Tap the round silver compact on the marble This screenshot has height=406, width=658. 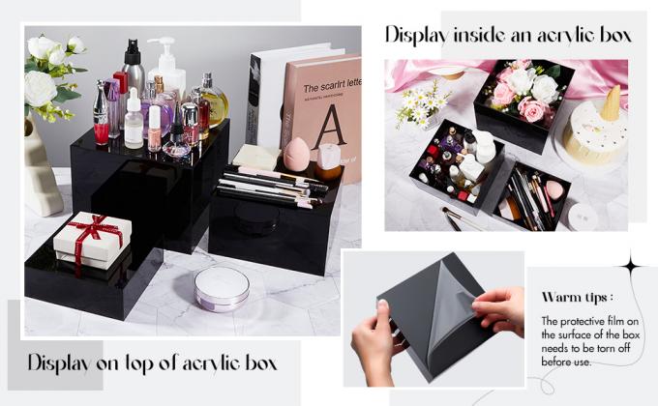(x=222, y=287)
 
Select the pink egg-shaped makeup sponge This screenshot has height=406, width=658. (x=296, y=154)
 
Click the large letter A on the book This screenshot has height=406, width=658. (x=328, y=127)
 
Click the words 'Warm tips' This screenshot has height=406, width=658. (x=575, y=298)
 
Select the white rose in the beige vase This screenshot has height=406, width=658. (x=40, y=89)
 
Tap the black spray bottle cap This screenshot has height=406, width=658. (x=133, y=50)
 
